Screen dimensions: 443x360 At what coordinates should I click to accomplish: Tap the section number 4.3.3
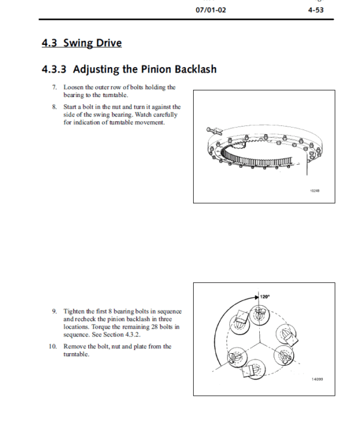tap(55, 70)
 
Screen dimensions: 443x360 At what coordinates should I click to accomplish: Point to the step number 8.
tap(54, 107)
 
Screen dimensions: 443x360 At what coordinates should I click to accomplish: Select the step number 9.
tap(54, 311)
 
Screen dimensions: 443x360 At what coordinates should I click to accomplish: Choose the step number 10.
tap(53, 346)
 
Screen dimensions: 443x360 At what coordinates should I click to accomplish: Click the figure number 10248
tap(314, 191)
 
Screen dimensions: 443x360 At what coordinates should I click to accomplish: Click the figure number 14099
tap(316, 379)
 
